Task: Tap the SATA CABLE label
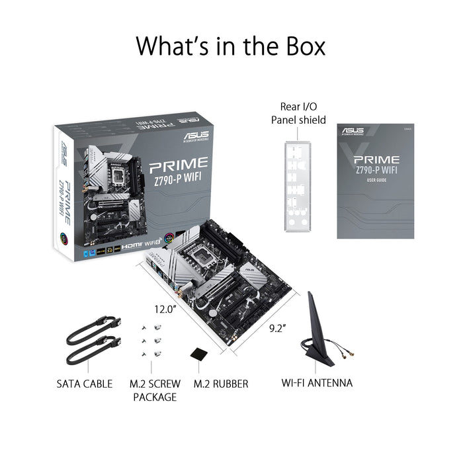click(84, 384)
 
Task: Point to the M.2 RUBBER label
click(221, 384)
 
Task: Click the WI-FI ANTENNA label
click(317, 383)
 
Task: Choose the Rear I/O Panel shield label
click(298, 113)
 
